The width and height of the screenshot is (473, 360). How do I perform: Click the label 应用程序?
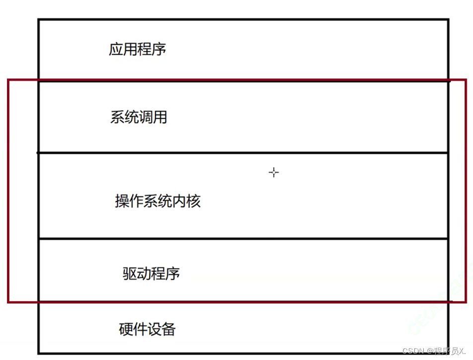pyautogui.click(x=137, y=50)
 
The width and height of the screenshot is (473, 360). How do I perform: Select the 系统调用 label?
pyautogui.click(x=139, y=117)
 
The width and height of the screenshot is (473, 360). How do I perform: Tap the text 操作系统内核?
pyautogui.click(x=158, y=201)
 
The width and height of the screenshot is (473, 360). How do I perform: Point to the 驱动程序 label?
pyautogui.click(x=151, y=273)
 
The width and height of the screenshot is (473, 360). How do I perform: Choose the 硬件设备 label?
pyautogui.click(x=148, y=329)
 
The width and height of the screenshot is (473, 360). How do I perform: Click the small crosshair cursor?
pyautogui.click(x=274, y=173)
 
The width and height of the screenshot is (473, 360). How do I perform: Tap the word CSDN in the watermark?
pyautogui.click(x=413, y=351)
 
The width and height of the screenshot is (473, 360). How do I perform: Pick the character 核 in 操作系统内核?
pyautogui.click(x=194, y=201)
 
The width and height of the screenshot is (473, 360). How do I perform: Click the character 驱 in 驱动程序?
pyautogui.click(x=130, y=273)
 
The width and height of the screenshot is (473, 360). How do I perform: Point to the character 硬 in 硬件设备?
pyautogui.click(x=126, y=329)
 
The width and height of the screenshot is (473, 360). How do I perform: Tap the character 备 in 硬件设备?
pyautogui.click(x=169, y=329)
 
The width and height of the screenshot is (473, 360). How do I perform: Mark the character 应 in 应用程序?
pyautogui.click(x=116, y=50)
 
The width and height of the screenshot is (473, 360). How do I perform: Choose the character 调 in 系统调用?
pyautogui.click(x=146, y=117)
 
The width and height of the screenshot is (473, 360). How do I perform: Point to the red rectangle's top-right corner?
pyautogui.click(x=466, y=80)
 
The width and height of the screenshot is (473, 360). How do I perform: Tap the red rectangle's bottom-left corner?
pyautogui.click(x=8, y=301)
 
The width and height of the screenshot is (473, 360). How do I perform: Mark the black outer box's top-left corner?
pyautogui.click(x=39, y=20)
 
